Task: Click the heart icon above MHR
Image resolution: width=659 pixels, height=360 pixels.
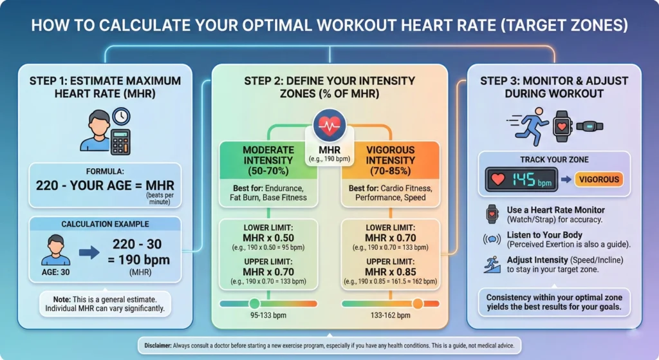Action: click(x=329, y=125)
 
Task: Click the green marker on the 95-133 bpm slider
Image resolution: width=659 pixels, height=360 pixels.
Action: click(x=254, y=303)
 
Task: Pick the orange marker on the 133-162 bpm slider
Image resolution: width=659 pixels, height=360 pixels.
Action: click(x=418, y=303)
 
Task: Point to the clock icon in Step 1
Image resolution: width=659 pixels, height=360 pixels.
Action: click(x=120, y=116)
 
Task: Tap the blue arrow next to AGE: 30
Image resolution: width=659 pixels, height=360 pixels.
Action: click(x=89, y=251)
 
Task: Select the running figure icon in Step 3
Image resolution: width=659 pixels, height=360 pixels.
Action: click(x=529, y=125)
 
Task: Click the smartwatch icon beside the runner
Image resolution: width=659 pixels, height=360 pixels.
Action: click(x=562, y=126)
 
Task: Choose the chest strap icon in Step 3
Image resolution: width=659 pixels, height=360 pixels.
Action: click(x=589, y=126)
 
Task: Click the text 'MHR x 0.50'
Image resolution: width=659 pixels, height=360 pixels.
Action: click(x=268, y=238)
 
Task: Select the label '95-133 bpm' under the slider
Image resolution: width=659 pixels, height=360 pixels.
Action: click(x=268, y=316)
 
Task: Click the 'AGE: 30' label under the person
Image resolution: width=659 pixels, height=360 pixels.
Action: click(x=56, y=272)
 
